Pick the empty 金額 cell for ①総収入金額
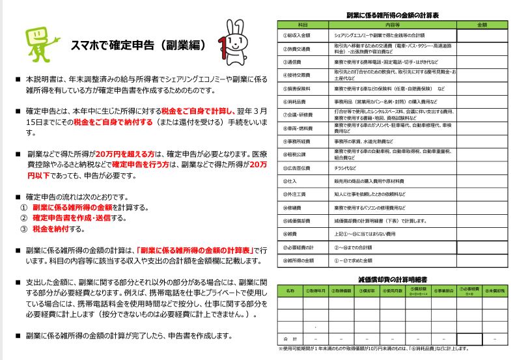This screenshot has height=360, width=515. pos(482,35)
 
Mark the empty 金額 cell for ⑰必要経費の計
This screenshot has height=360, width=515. pos(482,247)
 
